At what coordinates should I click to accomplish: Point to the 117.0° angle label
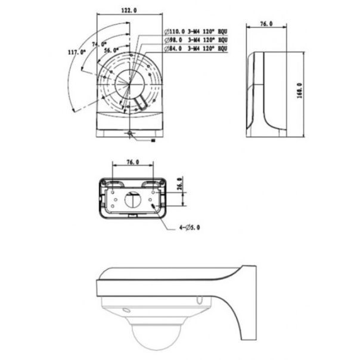tap(78, 52)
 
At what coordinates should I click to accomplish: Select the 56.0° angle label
tap(111, 50)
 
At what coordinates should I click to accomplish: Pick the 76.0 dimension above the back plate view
tap(133, 162)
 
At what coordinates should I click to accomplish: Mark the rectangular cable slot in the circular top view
tap(142, 103)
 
